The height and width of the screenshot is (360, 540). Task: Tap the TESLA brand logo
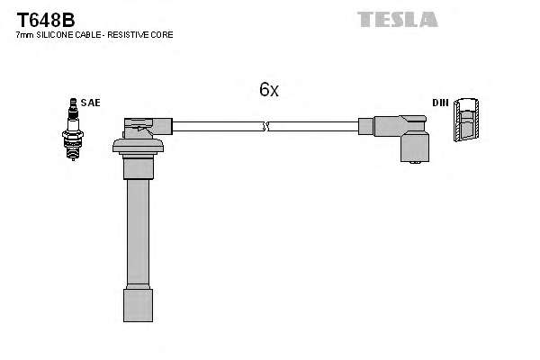click(397, 19)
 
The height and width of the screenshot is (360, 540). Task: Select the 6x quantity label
click(269, 89)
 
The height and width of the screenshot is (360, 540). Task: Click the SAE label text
click(90, 103)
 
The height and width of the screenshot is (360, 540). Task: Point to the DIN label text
click(440, 103)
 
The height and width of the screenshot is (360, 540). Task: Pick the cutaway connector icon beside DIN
click(465, 120)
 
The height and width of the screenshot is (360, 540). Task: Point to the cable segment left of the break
click(216, 127)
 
